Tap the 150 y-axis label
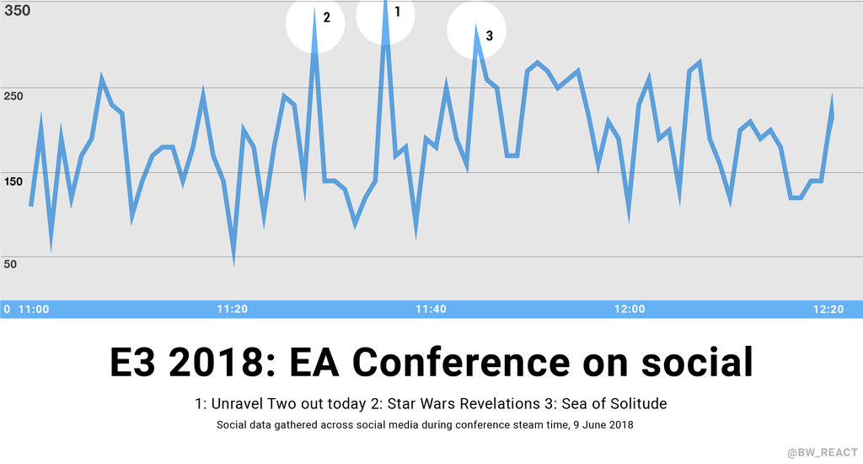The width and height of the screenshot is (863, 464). (x=14, y=181)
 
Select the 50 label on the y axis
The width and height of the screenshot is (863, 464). (x=11, y=264)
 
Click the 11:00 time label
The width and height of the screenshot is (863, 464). (x=34, y=309)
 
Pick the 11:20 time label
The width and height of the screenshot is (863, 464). (x=232, y=309)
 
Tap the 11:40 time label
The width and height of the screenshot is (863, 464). (x=431, y=309)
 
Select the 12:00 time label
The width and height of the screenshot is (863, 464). (x=630, y=309)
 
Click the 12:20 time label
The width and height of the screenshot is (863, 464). (x=828, y=309)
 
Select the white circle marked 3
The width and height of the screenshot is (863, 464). (x=476, y=32)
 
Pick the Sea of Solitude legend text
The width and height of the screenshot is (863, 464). (x=618, y=403)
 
